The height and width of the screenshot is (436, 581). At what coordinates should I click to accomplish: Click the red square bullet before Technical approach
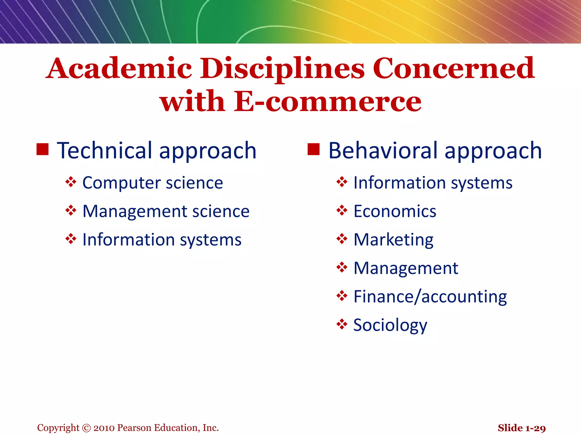coord(43,149)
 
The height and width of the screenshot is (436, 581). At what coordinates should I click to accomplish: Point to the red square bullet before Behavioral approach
coord(313,149)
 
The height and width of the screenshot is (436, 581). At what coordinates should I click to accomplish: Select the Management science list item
coord(166,211)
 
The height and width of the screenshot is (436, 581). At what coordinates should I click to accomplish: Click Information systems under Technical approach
coord(162,240)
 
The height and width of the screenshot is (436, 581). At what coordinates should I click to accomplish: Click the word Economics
coord(395,211)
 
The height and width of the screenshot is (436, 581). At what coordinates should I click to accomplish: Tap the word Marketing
coord(393,240)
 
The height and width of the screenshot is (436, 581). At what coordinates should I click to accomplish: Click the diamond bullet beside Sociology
coord(342,324)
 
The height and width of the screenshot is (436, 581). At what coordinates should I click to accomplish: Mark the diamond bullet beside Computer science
coord(71,182)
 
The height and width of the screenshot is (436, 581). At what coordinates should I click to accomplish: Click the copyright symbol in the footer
coord(86,428)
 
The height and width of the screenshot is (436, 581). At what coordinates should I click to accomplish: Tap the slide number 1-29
coord(536,428)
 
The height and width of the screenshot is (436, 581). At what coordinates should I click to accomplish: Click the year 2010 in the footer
coord(104,428)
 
